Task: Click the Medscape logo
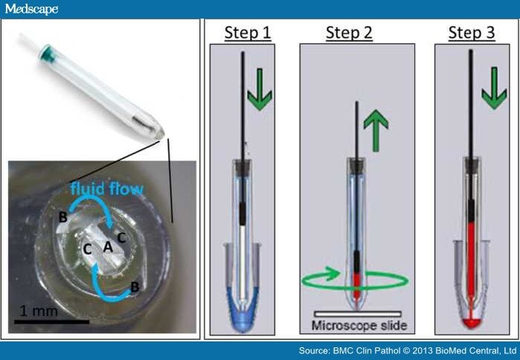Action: [30, 9]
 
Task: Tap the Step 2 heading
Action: [348, 33]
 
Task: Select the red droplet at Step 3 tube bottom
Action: [470, 321]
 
